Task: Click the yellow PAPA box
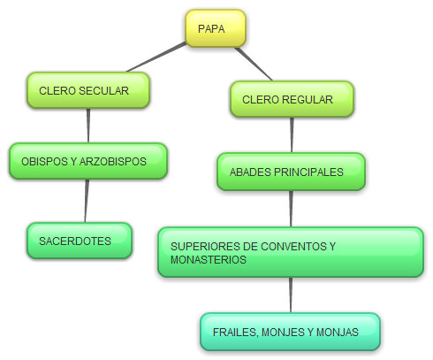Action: point(216,28)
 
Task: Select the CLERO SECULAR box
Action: point(88,90)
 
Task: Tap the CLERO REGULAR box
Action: point(292,99)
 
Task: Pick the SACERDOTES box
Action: point(80,241)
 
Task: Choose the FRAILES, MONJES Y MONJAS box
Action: point(290,332)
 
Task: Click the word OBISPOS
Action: point(44,162)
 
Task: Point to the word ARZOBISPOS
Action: point(113,162)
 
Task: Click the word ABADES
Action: point(250,172)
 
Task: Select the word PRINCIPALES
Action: point(308,172)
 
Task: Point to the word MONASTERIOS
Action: point(209,260)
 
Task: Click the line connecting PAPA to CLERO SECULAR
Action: point(156,57)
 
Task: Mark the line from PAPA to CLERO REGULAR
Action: point(254,64)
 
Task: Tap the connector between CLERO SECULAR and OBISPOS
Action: point(88,126)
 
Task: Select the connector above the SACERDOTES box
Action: point(87,201)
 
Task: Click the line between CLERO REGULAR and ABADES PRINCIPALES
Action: point(292,135)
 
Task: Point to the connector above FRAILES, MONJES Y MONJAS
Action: point(291,295)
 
